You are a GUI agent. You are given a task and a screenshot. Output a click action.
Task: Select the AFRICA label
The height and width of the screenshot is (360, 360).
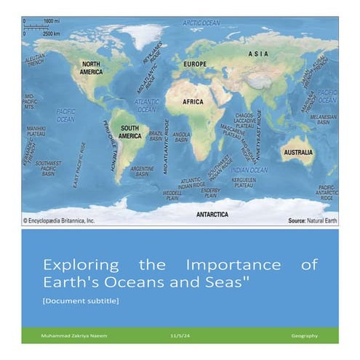193,102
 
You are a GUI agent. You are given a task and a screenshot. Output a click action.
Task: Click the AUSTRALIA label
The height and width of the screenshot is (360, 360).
297,153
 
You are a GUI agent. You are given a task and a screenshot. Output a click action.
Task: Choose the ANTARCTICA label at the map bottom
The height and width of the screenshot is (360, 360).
212,215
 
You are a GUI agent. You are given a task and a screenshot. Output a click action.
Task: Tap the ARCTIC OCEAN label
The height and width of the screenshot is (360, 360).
201,23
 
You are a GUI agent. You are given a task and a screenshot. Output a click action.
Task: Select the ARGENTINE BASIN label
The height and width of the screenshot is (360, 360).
142,171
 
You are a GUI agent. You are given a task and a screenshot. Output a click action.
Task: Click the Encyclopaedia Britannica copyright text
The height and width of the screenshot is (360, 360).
60,219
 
